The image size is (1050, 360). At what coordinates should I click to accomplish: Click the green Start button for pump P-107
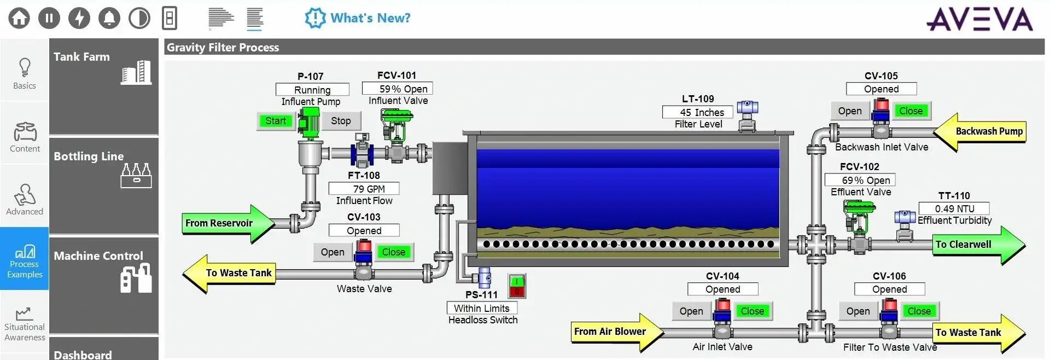coord(276,121)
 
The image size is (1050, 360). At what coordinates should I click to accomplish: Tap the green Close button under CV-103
coord(393,252)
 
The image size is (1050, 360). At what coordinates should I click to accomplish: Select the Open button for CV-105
coord(849,111)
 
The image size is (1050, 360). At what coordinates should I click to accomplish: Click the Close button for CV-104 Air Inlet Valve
coord(752,311)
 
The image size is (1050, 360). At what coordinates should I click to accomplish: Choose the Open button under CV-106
coord(857,311)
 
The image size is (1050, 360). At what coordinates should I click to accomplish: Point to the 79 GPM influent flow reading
coord(364,189)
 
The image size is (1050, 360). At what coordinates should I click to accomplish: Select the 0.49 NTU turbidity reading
coord(954,208)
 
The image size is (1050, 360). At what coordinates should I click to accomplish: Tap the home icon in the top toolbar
coord(19,18)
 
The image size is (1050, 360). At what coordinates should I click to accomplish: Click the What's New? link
coord(358,18)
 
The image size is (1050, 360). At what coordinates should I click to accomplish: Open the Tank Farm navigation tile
coord(104,86)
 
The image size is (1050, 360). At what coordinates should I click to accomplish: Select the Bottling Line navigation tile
coord(104,185)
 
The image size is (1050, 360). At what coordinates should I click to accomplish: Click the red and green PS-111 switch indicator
coord(517,286)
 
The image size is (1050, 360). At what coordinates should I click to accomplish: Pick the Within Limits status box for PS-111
coord(482,309)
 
